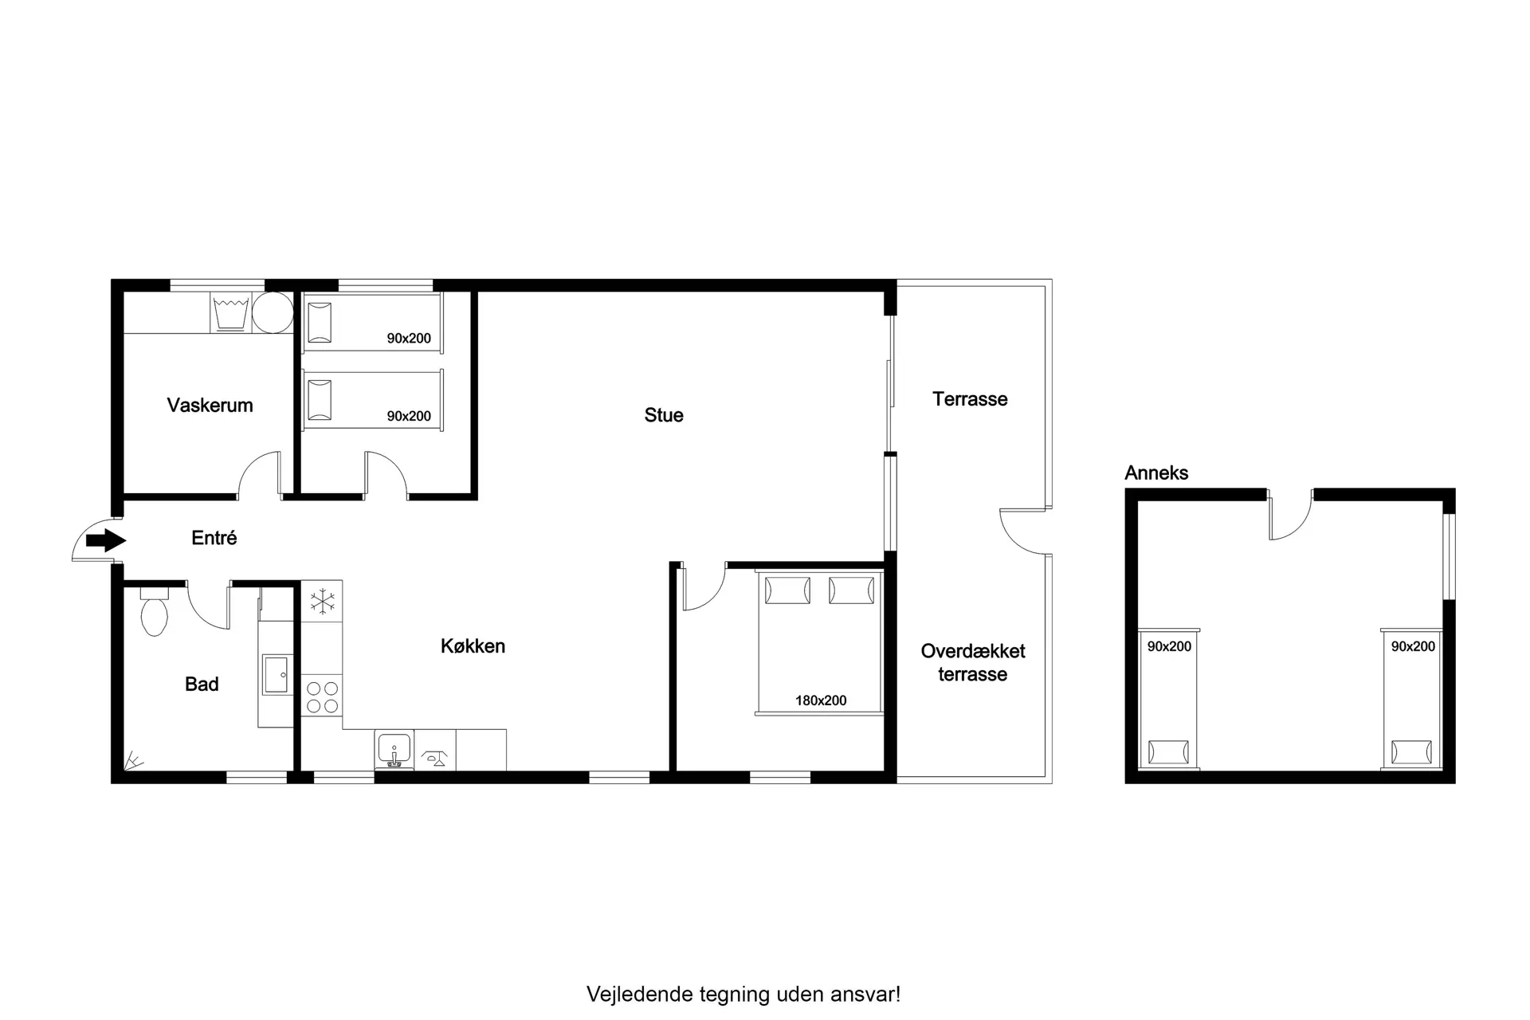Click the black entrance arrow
click(106, 540)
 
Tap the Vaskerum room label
click(210, 405)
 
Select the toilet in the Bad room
click(154, 612)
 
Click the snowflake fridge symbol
click(322, 602)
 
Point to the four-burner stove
click(323, 697)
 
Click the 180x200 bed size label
click(821, 700)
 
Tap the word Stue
click(664, 415)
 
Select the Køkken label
click(473, 645)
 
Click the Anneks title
click(1156, 473)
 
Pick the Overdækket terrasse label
click(973, 662)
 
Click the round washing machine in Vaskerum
click(273, 312)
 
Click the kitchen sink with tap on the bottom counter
click(394, 751)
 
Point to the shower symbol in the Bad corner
click(132, 762)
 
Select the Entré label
click(214, 538)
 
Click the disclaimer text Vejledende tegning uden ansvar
click(743, 994)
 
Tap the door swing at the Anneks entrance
click(1290, 519)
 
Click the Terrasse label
click(970, 398)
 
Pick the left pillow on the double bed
click(787, 590)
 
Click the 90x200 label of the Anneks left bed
click(1169, 646)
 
